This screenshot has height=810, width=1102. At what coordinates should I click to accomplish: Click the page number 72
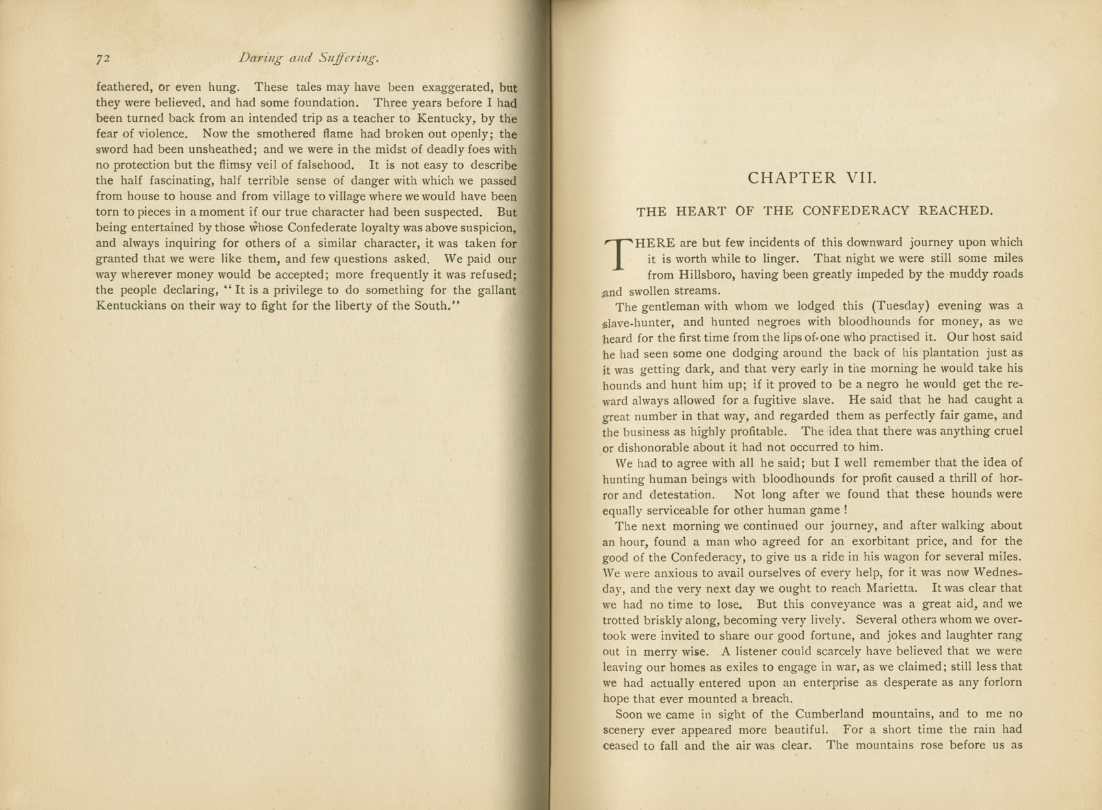coord(103,59)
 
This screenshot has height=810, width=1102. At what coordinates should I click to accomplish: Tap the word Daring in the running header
coord(261,58)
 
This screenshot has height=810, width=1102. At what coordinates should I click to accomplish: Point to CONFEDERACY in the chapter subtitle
coord(856,211)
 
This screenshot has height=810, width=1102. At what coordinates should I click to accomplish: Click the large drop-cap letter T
coord(617,253)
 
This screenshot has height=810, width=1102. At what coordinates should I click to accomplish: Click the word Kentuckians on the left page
coord(131,306)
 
